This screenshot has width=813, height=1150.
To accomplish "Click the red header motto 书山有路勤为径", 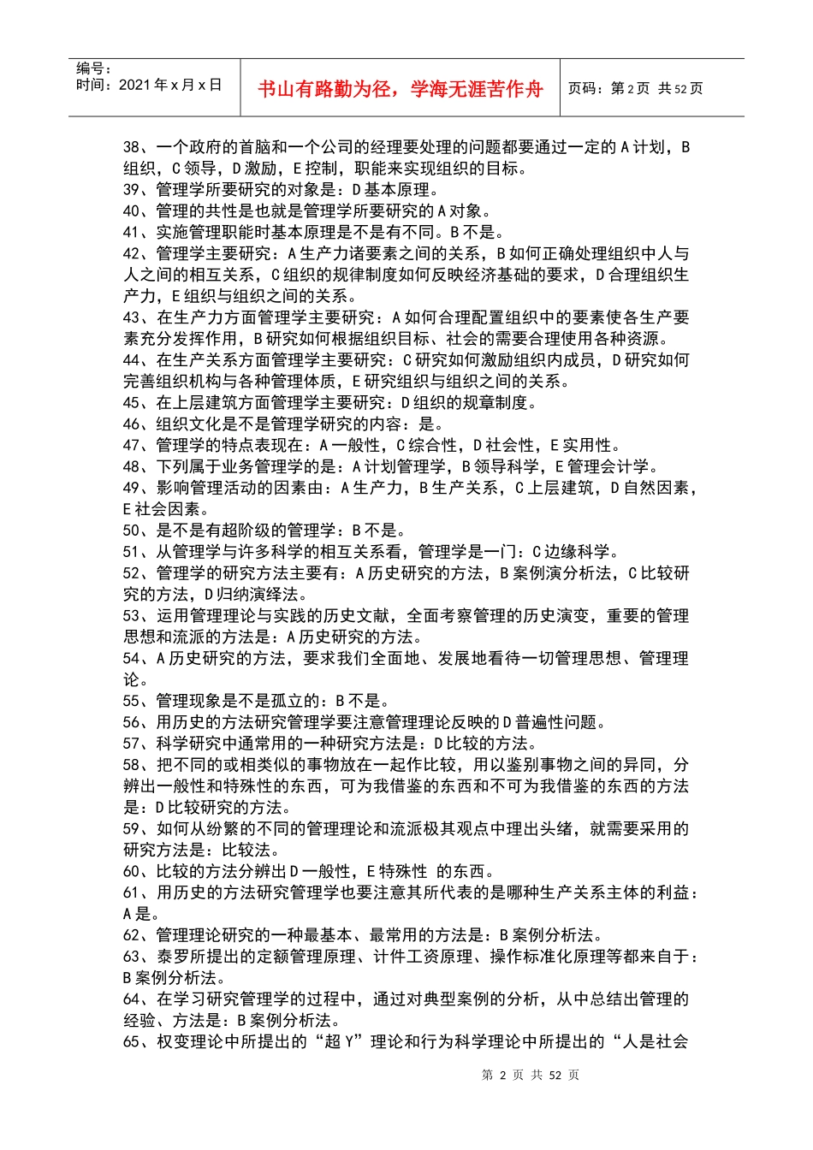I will (400, 89).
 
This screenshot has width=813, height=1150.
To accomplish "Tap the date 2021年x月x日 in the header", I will (170, 86).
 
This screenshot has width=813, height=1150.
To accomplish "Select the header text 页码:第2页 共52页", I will (635, 89).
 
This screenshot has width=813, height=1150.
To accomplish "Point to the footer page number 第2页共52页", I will (531, 1076).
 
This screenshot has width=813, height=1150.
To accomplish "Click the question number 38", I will (132, 147).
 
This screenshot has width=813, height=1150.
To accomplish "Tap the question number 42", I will (132, 253).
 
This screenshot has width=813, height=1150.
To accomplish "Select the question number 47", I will (132, 445).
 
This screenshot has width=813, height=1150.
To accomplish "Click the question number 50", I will (132, 531).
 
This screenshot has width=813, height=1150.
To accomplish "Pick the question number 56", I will (132, 722).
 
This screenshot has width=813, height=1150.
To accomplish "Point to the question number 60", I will (132, 871).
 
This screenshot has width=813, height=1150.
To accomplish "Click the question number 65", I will (132, 1041).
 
